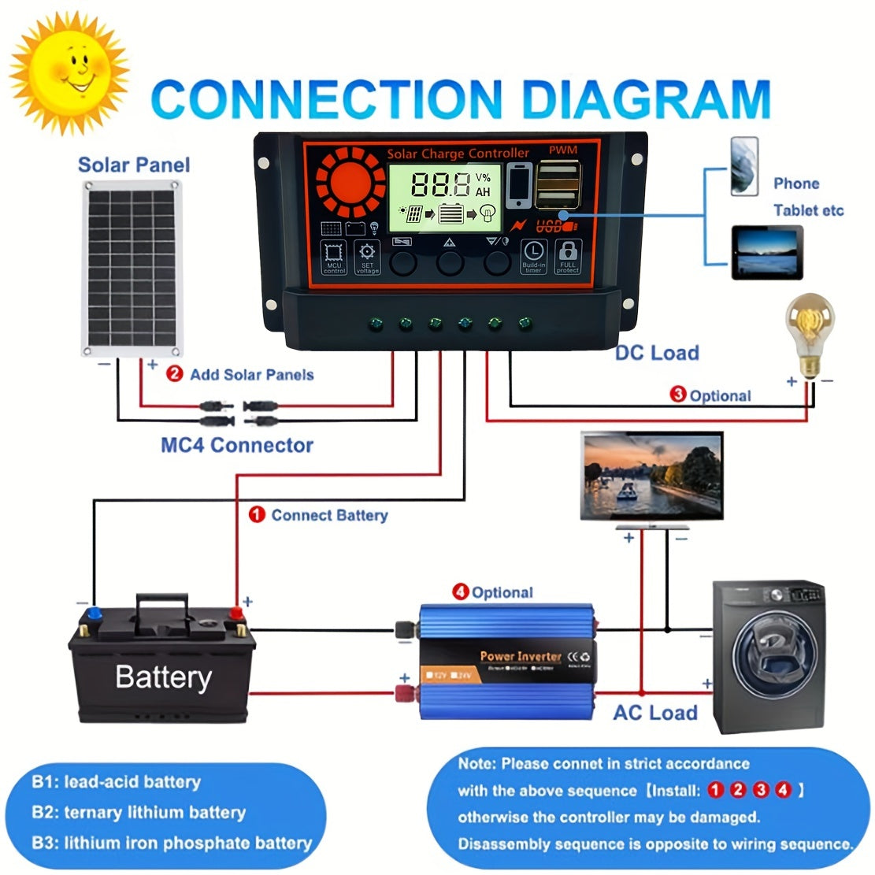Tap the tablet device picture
(x=766, y=252)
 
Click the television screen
(x=651, y=476)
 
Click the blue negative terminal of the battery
(x=95, y=613)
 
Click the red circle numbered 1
(x=257, y=515)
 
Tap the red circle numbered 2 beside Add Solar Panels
(x=175, y=375)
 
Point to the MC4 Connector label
(x=237, y=445)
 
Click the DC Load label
(x=657, y=353)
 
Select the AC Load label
(x=655, y=713)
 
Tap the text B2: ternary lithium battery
(x=139, y=812)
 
